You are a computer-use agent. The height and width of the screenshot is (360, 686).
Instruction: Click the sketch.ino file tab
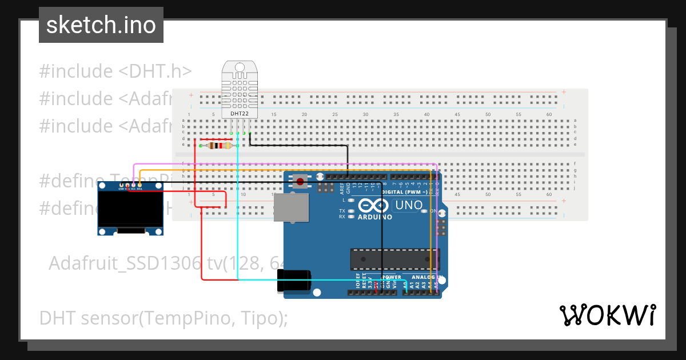click(101, 25)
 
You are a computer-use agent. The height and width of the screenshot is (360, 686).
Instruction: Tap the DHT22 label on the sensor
click(240, 114)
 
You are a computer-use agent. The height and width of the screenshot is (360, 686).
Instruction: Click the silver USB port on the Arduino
click(291, 207)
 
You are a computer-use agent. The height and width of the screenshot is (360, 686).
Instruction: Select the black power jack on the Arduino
click(294, 282)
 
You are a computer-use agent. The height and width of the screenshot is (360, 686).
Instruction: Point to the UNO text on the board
click(409, 205)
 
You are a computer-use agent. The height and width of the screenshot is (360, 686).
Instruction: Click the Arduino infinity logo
click(374, 206)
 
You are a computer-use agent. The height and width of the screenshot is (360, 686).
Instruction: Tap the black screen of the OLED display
click(130, 209)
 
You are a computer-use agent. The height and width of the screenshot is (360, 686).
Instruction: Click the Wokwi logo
click(607, 315)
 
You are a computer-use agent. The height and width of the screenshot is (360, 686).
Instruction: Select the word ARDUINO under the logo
click(375, 217)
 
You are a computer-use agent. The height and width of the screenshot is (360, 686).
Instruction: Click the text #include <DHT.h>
click(115, 71)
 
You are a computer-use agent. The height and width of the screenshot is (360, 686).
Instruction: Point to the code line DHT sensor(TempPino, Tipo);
click(163, 318)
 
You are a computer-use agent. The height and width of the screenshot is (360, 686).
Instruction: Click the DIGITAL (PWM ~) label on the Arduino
click(404, 193)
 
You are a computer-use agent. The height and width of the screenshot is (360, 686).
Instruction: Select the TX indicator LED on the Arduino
click(351, 211)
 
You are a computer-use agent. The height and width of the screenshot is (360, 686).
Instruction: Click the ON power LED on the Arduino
click(424, 211)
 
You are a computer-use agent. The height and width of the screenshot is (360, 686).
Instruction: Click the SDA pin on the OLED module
click(139, 185)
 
